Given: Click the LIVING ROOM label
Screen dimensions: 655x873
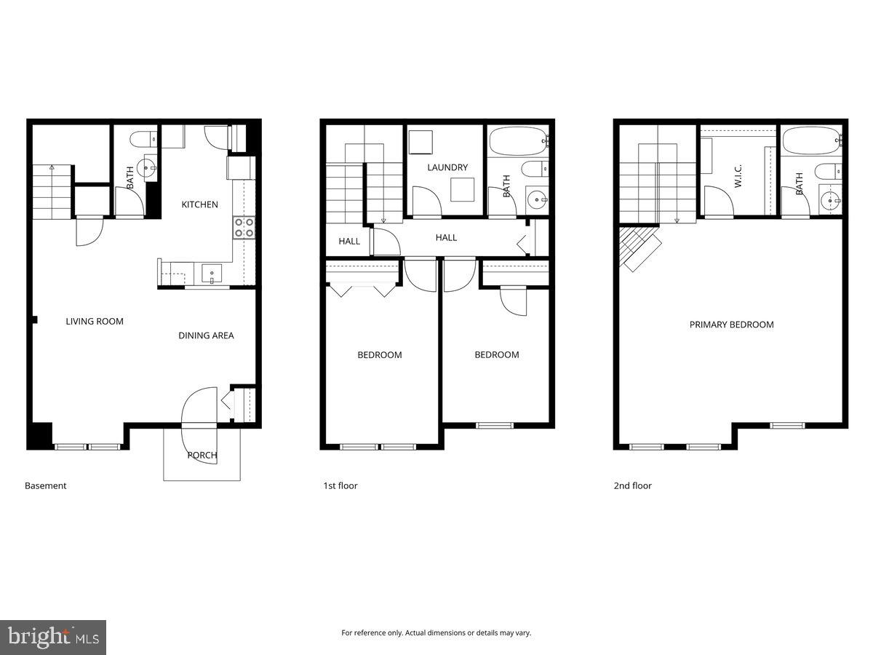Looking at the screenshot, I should tap(95, 321).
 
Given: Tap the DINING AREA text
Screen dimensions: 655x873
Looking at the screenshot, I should tap(207, 336).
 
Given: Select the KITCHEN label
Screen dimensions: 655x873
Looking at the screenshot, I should tap(200, 205).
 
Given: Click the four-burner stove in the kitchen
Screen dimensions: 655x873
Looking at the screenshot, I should tap(244, 228).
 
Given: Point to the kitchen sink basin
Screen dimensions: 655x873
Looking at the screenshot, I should tap(212, 274).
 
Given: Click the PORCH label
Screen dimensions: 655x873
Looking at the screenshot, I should tap(202, 456).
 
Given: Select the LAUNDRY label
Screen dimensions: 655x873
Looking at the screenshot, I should tap(447, 167).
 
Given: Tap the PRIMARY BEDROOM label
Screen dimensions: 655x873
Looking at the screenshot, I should tap(732, 325).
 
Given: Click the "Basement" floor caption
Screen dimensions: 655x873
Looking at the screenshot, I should tap(46, 485).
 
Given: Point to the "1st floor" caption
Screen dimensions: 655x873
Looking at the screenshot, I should tap(340, 485).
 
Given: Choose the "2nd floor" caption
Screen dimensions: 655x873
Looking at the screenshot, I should tap(633, 485).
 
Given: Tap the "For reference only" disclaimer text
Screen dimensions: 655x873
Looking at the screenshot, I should tap(436, 633).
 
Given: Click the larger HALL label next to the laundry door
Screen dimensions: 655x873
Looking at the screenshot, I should tap(446, 237).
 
